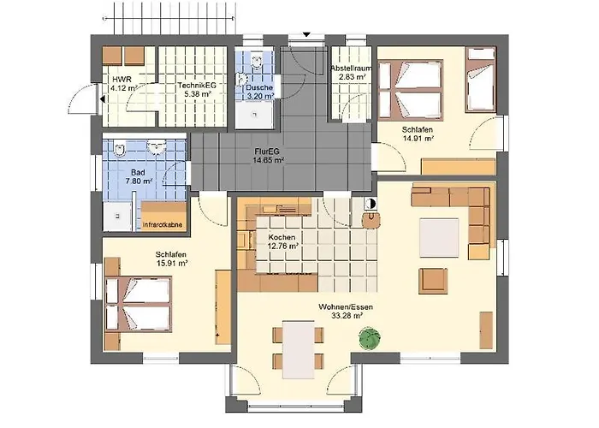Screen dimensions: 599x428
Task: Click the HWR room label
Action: tap(123, 84)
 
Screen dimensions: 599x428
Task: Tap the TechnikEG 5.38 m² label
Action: tap(197, 89)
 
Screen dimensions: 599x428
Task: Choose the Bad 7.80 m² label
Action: tap(138, 177)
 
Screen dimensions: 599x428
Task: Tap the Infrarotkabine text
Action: tap(163, 224)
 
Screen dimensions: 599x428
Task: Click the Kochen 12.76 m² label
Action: tap(282, 241)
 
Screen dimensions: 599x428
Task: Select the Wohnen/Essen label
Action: tap(346, 306)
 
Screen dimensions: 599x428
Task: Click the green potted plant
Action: tap(370, 338)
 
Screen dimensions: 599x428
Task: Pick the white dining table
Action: tap(299, 349)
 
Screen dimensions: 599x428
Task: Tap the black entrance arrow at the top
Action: tap(306, 35)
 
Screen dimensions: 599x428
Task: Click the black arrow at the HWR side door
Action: tap(103, 99)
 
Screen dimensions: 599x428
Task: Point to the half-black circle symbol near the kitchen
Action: tap(370, 204)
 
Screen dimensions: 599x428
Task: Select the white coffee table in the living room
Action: tap(439, 238)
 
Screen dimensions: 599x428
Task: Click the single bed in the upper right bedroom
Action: tap(481, 80)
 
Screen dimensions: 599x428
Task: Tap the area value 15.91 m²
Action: tap(172, 264)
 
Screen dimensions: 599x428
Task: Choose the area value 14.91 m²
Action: tap(418, 139)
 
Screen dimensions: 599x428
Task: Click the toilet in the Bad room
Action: tap(121, 148)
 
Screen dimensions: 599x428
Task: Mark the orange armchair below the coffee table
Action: tap(433, 281)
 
